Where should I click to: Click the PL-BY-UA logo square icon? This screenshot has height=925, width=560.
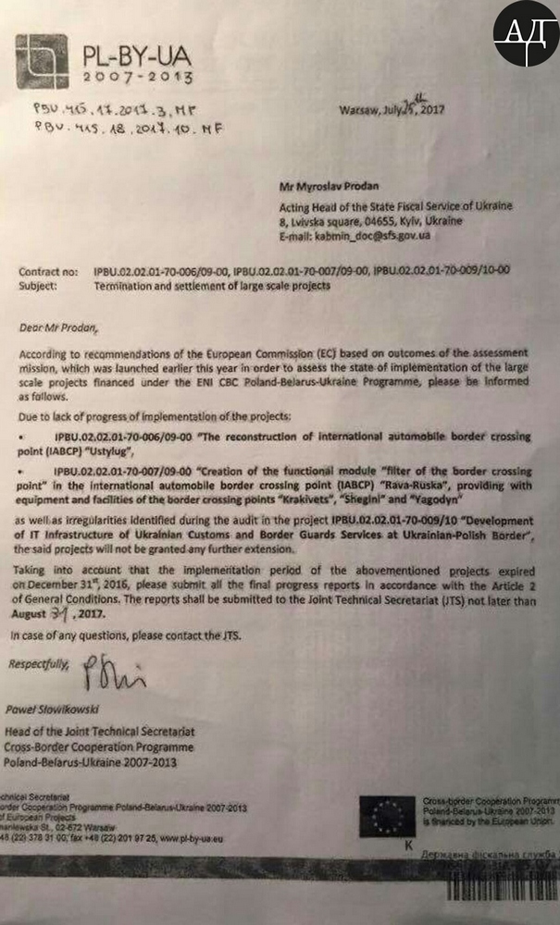pyautogui.click(x=44, y=58)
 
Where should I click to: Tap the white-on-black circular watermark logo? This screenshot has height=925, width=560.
pyautogui.click(x=525, y=33)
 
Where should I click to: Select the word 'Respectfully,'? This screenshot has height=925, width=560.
pyautogui.click(x=38, y=664)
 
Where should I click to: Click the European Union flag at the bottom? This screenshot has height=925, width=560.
pyautogui.click(x=385, y=817)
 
